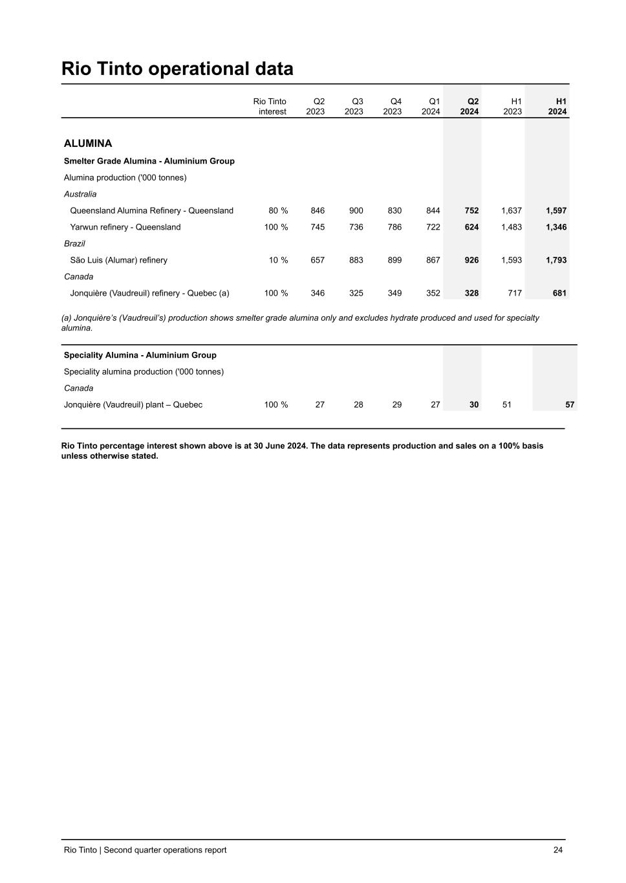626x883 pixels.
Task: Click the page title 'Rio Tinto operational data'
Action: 177,69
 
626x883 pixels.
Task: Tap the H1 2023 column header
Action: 512,107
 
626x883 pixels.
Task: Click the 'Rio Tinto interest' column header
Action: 270,107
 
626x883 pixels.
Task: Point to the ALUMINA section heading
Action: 88,144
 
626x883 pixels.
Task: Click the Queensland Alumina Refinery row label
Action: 151,211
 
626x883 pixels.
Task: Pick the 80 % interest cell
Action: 278,211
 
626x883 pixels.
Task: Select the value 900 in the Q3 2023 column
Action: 356,211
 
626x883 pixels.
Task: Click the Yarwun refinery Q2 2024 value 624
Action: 471,227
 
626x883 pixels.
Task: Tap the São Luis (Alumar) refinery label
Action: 118,260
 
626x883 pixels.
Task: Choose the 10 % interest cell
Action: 278,260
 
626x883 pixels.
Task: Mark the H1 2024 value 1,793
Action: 556,260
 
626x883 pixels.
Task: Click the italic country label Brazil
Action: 74,244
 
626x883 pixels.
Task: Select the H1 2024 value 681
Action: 559,293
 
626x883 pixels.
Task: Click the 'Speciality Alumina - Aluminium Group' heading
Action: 140,355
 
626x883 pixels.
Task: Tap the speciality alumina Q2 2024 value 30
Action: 474,405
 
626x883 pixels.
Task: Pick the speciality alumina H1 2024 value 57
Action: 570,405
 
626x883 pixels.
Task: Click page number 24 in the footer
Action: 557,850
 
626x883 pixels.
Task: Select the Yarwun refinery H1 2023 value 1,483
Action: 511,227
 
